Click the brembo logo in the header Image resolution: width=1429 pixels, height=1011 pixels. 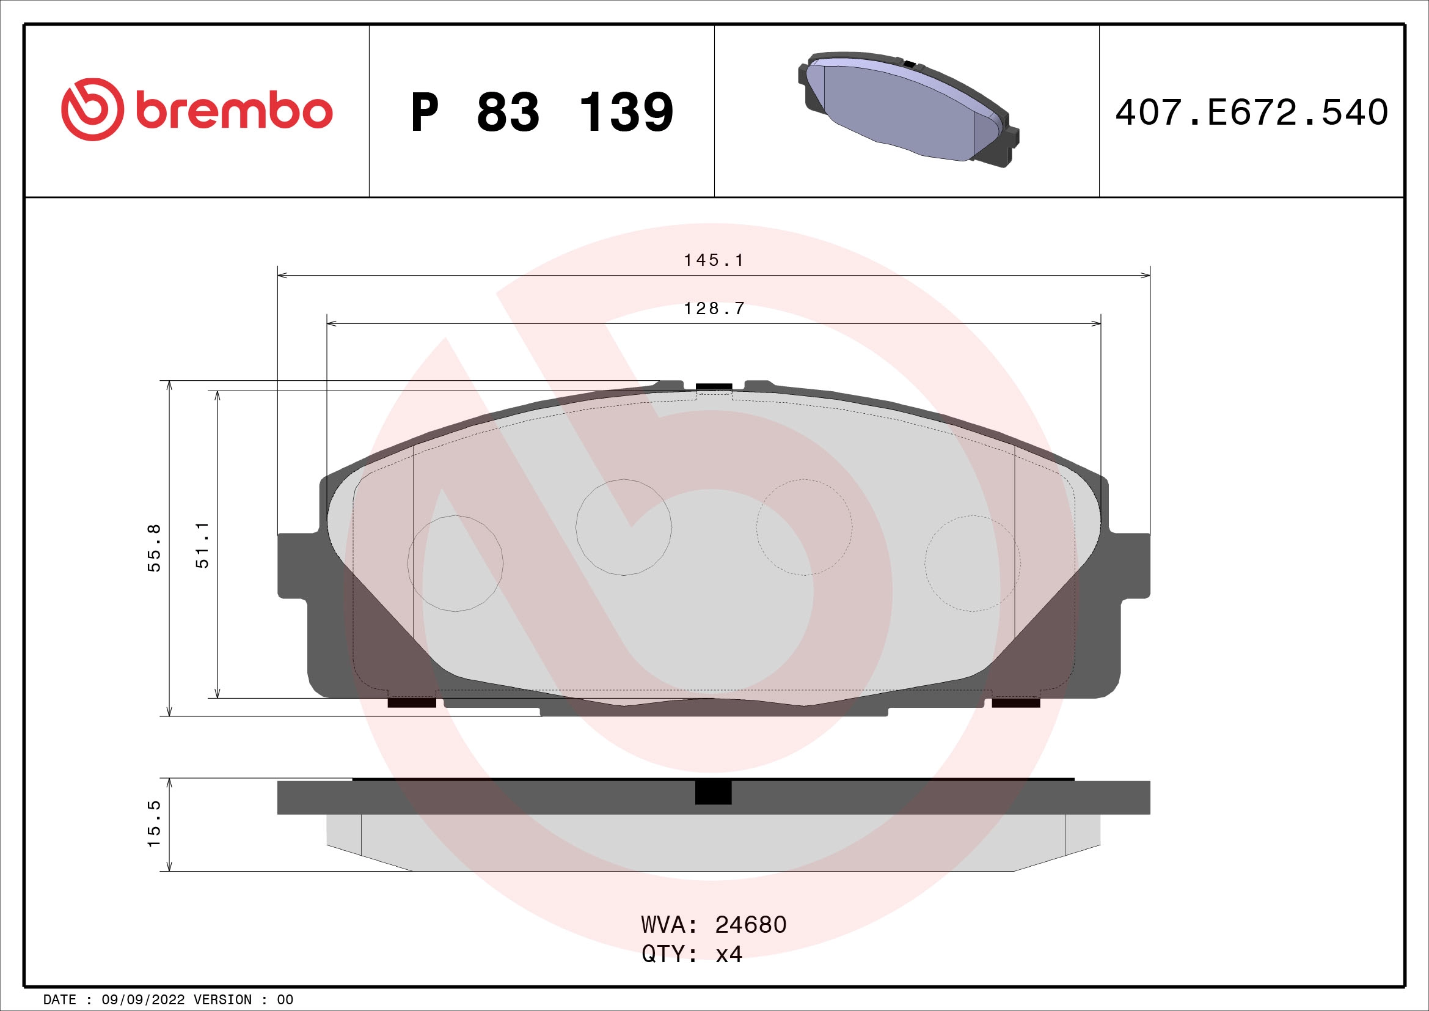(x=197, y=110)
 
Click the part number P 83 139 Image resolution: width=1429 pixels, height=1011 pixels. (x=541, y=112)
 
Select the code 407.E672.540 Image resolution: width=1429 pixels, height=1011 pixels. (x=1251, y=112)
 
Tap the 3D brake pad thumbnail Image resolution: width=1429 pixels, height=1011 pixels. (x=908, y=110)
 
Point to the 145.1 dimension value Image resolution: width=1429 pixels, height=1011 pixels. (x=713, y=260)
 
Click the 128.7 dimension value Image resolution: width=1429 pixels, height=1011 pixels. (x=714, y=309)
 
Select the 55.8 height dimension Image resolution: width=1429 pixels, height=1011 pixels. (x=155, y=548)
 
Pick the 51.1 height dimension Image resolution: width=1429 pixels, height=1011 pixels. (x=203, y=545)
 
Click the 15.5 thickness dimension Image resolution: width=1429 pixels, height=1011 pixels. (x=155, y=823)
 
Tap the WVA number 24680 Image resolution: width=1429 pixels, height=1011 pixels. (x=751, y=925)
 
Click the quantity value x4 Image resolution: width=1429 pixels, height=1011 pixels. (x=729, y=954)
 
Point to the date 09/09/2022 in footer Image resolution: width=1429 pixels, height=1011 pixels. (x=142, y=1000)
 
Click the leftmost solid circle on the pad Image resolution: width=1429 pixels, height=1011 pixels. (x=455, y=564)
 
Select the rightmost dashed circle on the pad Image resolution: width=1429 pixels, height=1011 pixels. (x=972, y=564)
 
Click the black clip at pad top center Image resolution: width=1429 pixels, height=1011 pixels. (x=714, y=386)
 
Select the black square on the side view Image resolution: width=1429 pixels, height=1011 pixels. (x=713, y=793)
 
